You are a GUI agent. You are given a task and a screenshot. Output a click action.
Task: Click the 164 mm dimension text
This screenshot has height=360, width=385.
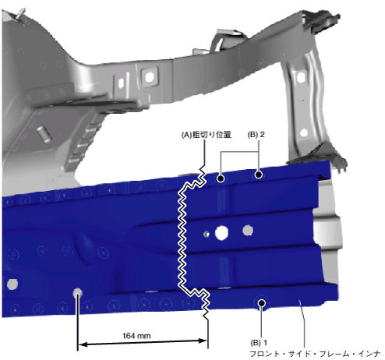click(x=136, y=336)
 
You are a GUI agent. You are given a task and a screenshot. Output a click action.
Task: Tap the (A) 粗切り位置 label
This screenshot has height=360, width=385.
click(x=207, y=135)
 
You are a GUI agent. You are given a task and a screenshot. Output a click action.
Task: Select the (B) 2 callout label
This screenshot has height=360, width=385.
click(x=256, y=135)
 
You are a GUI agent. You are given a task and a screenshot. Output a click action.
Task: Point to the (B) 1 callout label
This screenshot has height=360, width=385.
click(x=259, y=343)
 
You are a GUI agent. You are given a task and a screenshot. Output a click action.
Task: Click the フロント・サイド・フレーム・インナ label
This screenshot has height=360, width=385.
click(x=315, y=354)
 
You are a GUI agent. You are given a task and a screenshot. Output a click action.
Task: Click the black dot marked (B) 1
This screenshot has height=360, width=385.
click(x=261, y=303)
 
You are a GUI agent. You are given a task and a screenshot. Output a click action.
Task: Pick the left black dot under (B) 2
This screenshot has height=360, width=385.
click(x=221, y=178)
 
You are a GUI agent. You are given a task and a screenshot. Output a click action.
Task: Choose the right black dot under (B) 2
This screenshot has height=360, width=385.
click(x=258, y=175)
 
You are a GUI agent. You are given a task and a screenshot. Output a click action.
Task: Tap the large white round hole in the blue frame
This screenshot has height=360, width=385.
click(x=221, y=233)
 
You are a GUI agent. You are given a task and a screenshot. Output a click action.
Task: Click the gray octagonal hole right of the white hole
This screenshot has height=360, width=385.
click(x=248, y=231)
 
